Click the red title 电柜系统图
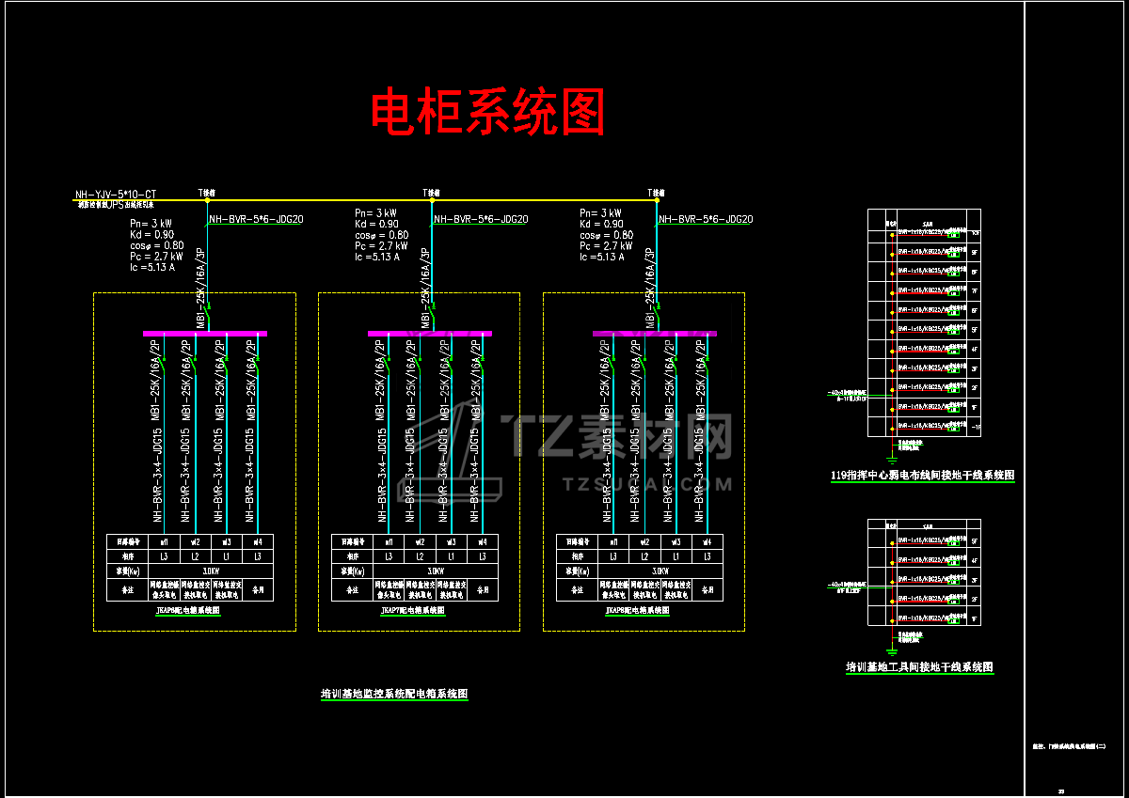click(x=487, y=113)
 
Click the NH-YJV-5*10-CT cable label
click(x=116, y=196)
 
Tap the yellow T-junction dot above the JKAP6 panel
click(x=206, y=199)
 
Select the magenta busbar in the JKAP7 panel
click(x=430, y=333)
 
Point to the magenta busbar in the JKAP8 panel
click(x=655, y=333)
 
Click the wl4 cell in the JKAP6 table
click(x=257, y=541)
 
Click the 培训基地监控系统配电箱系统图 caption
click(x=394, y=695)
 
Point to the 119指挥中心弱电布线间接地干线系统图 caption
click(x=923, y=476)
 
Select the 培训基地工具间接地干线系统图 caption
click(x=919, y=667)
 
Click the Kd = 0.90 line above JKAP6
click(x=151, y=235)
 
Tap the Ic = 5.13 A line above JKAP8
click(x=602, y=257)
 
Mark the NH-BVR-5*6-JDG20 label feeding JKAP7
click(x=481, y=220)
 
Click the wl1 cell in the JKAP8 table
click(x=613, y=541)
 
